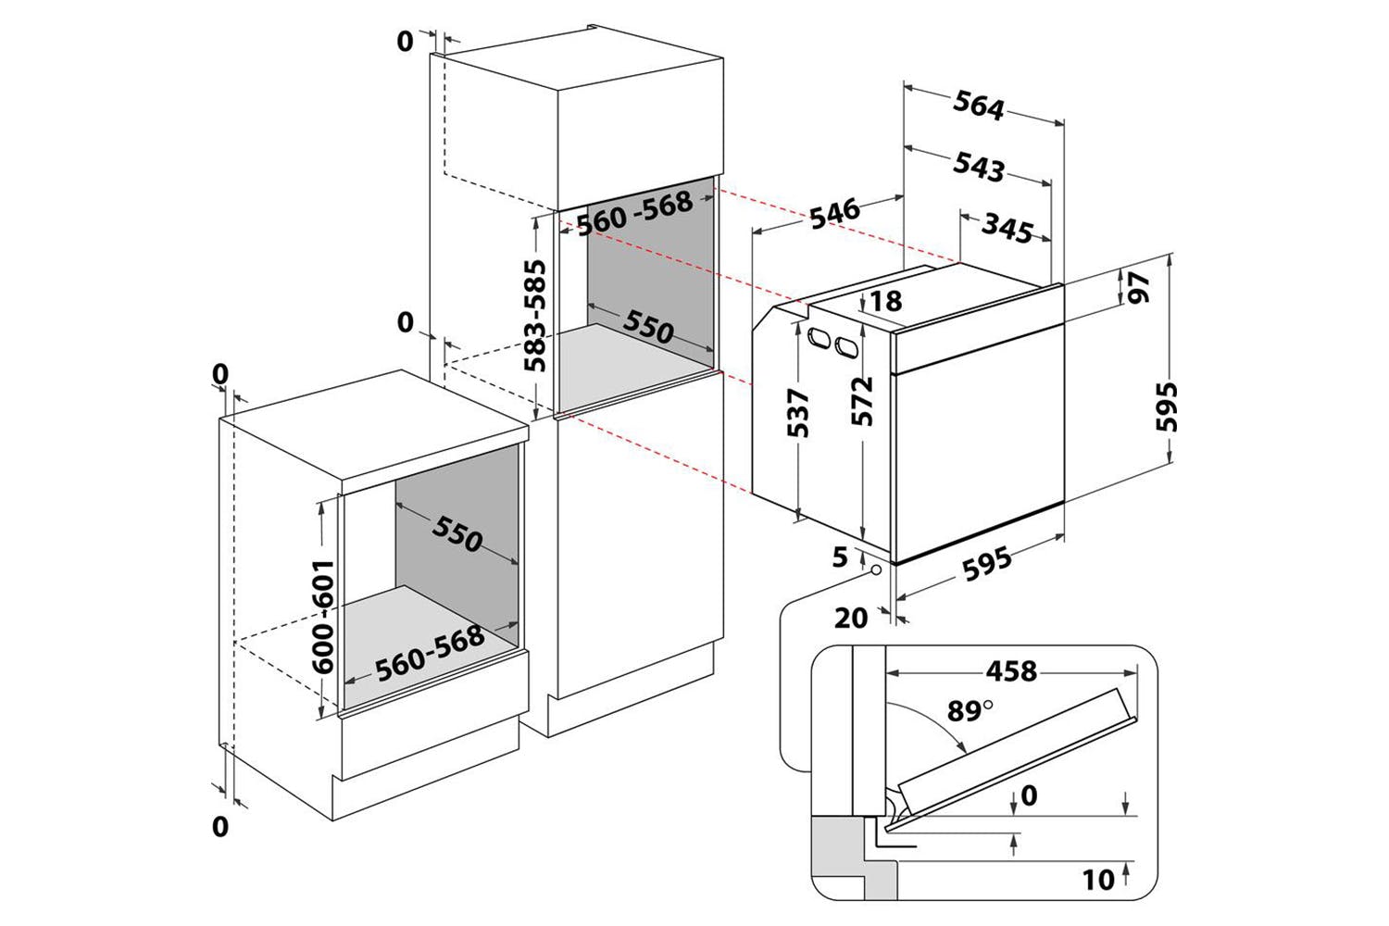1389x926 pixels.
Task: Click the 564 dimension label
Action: [x=979, y=105]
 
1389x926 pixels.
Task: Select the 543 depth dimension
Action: [x=979, y=167]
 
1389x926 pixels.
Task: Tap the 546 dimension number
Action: [x=834, y=213]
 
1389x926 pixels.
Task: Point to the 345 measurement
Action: [x=1007, y=228]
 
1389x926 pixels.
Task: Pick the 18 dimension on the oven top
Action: [x=886, y=302]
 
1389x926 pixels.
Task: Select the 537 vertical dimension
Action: [x=798, y=413]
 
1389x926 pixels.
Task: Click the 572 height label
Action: [x=862, y=401]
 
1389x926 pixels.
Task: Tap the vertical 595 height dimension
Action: [x=1167, y=407]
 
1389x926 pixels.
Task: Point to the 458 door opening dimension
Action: [x=1011, y=671]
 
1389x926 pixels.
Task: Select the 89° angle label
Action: [x=970, y=711]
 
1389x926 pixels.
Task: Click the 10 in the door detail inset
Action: [x=1098, y=880]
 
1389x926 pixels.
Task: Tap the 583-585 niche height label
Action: [x=534, y=316]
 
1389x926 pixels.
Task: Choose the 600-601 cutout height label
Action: [x=322, y=617]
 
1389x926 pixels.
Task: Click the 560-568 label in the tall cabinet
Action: [x=635, y=213]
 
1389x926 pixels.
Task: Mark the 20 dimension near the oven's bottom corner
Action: [x=851, y=619]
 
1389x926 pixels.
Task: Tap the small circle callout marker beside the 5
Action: [x=877, y=570]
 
